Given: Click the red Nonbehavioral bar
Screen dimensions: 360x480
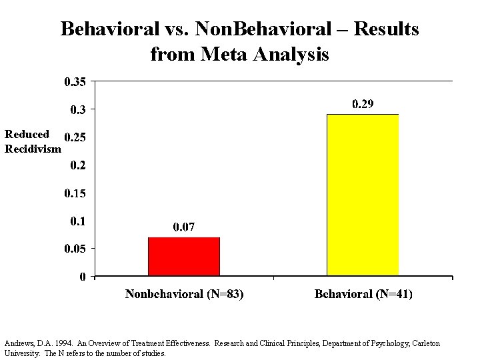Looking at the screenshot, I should tap(184, 257).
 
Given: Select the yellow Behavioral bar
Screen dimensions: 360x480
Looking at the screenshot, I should tap(363, 195).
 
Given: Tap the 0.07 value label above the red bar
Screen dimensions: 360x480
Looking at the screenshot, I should tap(184, 227).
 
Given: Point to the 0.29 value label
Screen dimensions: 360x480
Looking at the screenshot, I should tap(363, 104).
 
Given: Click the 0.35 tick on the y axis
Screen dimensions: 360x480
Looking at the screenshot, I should tap(75, 82).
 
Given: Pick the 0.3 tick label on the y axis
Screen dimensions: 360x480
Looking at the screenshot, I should tap(78, 109).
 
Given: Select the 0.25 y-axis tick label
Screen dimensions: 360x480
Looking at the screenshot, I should tap(75, 137).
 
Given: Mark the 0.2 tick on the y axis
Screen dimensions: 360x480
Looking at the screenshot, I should tap(78, 165).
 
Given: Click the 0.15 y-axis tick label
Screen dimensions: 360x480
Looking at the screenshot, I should tap(75, 193).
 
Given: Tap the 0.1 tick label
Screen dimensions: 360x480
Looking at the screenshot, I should tap(78, 221).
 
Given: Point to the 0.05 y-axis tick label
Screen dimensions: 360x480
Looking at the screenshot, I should tap(75, 248).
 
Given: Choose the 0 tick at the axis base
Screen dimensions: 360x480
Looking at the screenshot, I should tap(82, 277).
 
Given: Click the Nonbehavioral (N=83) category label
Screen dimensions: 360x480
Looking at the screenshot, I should tap(184, 294).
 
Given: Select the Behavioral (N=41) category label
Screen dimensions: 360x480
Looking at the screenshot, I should tap(363, 294).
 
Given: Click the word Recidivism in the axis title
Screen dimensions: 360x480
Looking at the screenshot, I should tap(32, 149).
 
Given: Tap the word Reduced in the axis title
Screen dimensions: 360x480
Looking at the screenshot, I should tap(27, 135).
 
